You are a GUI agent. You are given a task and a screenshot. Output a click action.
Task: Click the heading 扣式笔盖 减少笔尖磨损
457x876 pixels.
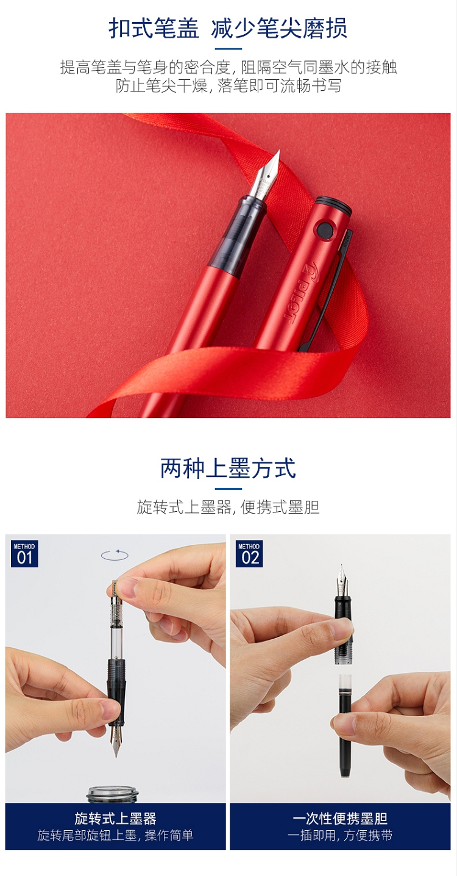coord(228,28)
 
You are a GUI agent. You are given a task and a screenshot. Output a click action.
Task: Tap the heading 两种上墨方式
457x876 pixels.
coord(228,468)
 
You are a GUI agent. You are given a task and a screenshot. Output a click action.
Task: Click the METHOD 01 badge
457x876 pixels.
coord(24,554)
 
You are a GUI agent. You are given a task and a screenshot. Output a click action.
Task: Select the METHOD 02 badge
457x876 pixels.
coord(249,554)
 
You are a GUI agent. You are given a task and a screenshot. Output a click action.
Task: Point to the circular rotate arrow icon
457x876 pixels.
coord(115,555)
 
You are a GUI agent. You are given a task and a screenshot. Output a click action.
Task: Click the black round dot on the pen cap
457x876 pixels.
coord(324,229)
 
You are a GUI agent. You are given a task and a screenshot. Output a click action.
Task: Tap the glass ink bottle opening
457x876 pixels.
coord(113,794)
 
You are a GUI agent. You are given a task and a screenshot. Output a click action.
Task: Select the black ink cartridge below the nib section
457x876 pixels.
coord(345,726)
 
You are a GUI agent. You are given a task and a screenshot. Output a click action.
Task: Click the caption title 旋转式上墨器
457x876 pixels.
coord(115,817)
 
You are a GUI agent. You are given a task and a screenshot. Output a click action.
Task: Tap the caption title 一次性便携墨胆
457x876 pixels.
coord(340,817)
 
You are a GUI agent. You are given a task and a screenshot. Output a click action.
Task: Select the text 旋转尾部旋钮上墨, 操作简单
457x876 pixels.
coord(115,835)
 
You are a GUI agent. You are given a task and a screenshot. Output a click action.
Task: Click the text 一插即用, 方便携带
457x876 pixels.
coord(340,835)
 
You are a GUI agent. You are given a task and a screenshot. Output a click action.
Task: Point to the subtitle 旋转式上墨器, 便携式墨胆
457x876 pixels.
coord(228,507)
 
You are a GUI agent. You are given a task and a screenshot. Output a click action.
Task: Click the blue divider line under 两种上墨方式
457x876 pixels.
coord(228,489)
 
